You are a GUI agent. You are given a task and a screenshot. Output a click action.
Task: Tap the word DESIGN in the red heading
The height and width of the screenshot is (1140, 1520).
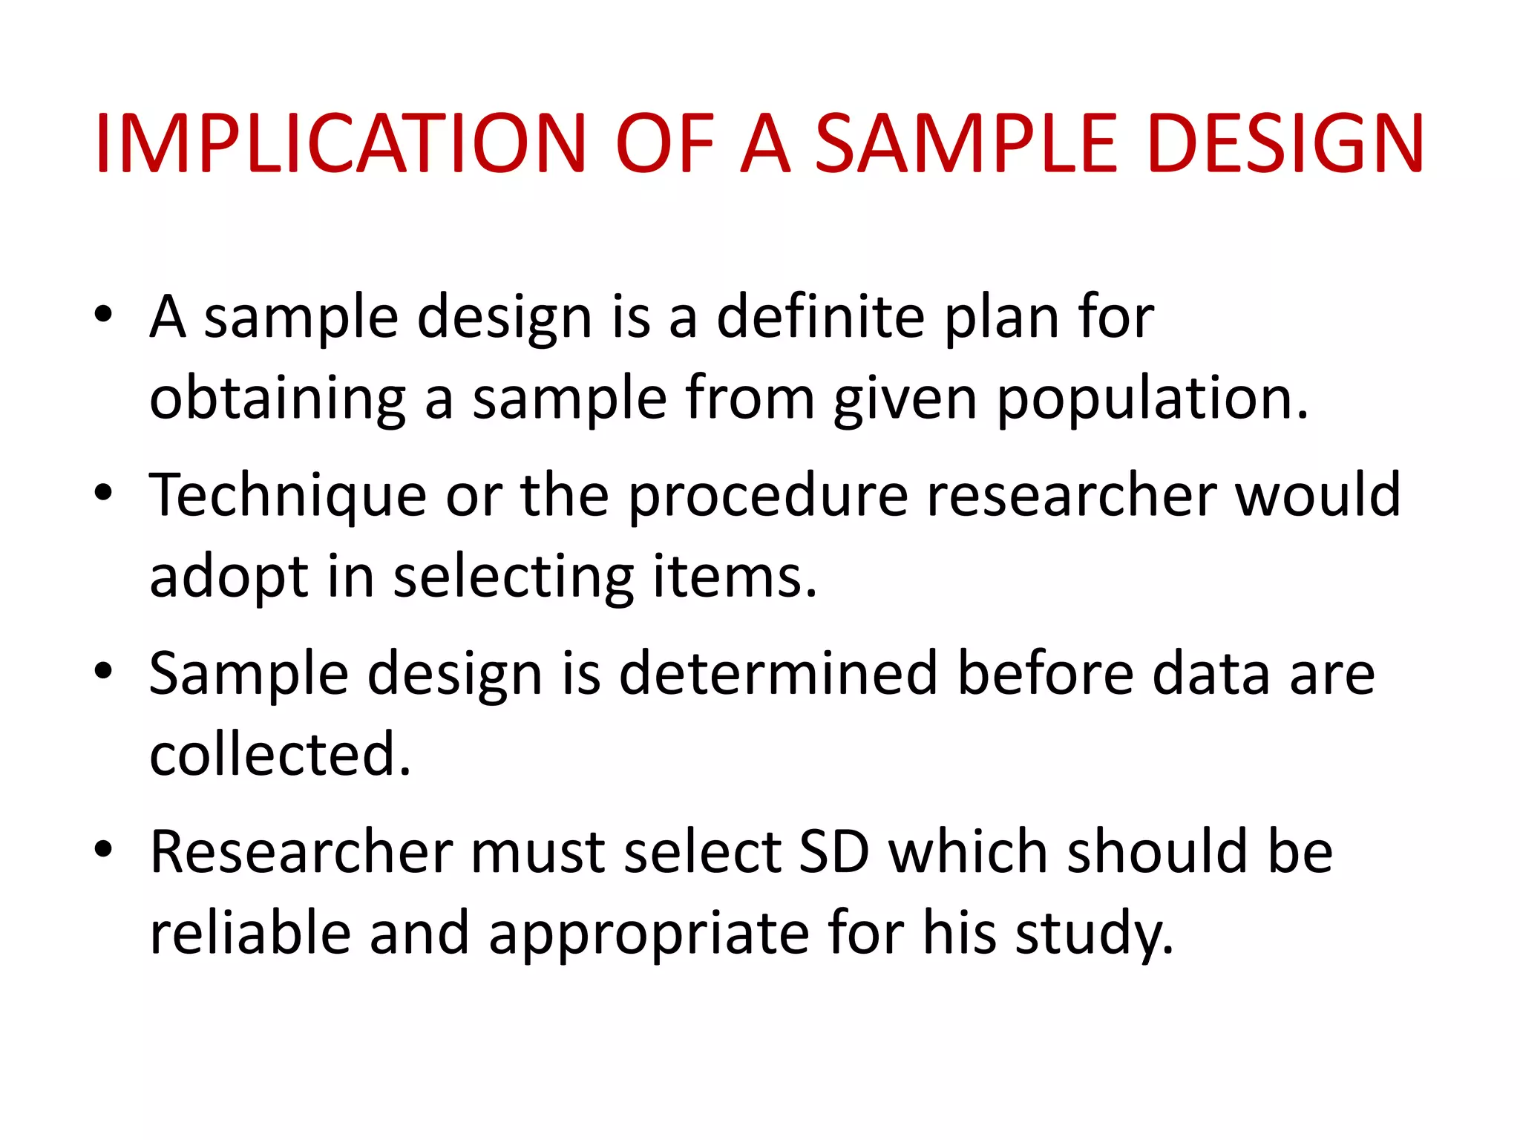[x=1285, y=144]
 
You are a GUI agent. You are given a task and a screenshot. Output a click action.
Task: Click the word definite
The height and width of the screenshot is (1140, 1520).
[x=821, y=317]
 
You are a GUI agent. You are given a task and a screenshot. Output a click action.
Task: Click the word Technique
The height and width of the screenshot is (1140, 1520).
[x=288, y=496]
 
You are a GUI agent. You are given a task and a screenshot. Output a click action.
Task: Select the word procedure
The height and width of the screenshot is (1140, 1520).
[x=768, y=496]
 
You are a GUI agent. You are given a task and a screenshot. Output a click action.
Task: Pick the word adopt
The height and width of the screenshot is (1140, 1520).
[x=229, y=577]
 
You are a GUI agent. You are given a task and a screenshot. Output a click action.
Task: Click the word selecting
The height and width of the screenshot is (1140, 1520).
[x=513, y=577]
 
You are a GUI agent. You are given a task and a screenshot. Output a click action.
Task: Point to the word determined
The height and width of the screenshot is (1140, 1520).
[x=779, y=673]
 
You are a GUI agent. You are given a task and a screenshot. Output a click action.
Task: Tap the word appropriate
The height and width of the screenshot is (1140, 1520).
[x=649, y=934]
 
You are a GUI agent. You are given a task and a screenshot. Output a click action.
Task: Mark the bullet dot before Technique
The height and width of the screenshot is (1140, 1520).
[x=104, y=492]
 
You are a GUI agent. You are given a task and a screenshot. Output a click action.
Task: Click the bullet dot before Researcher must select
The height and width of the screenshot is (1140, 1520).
[x=104, y=848]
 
